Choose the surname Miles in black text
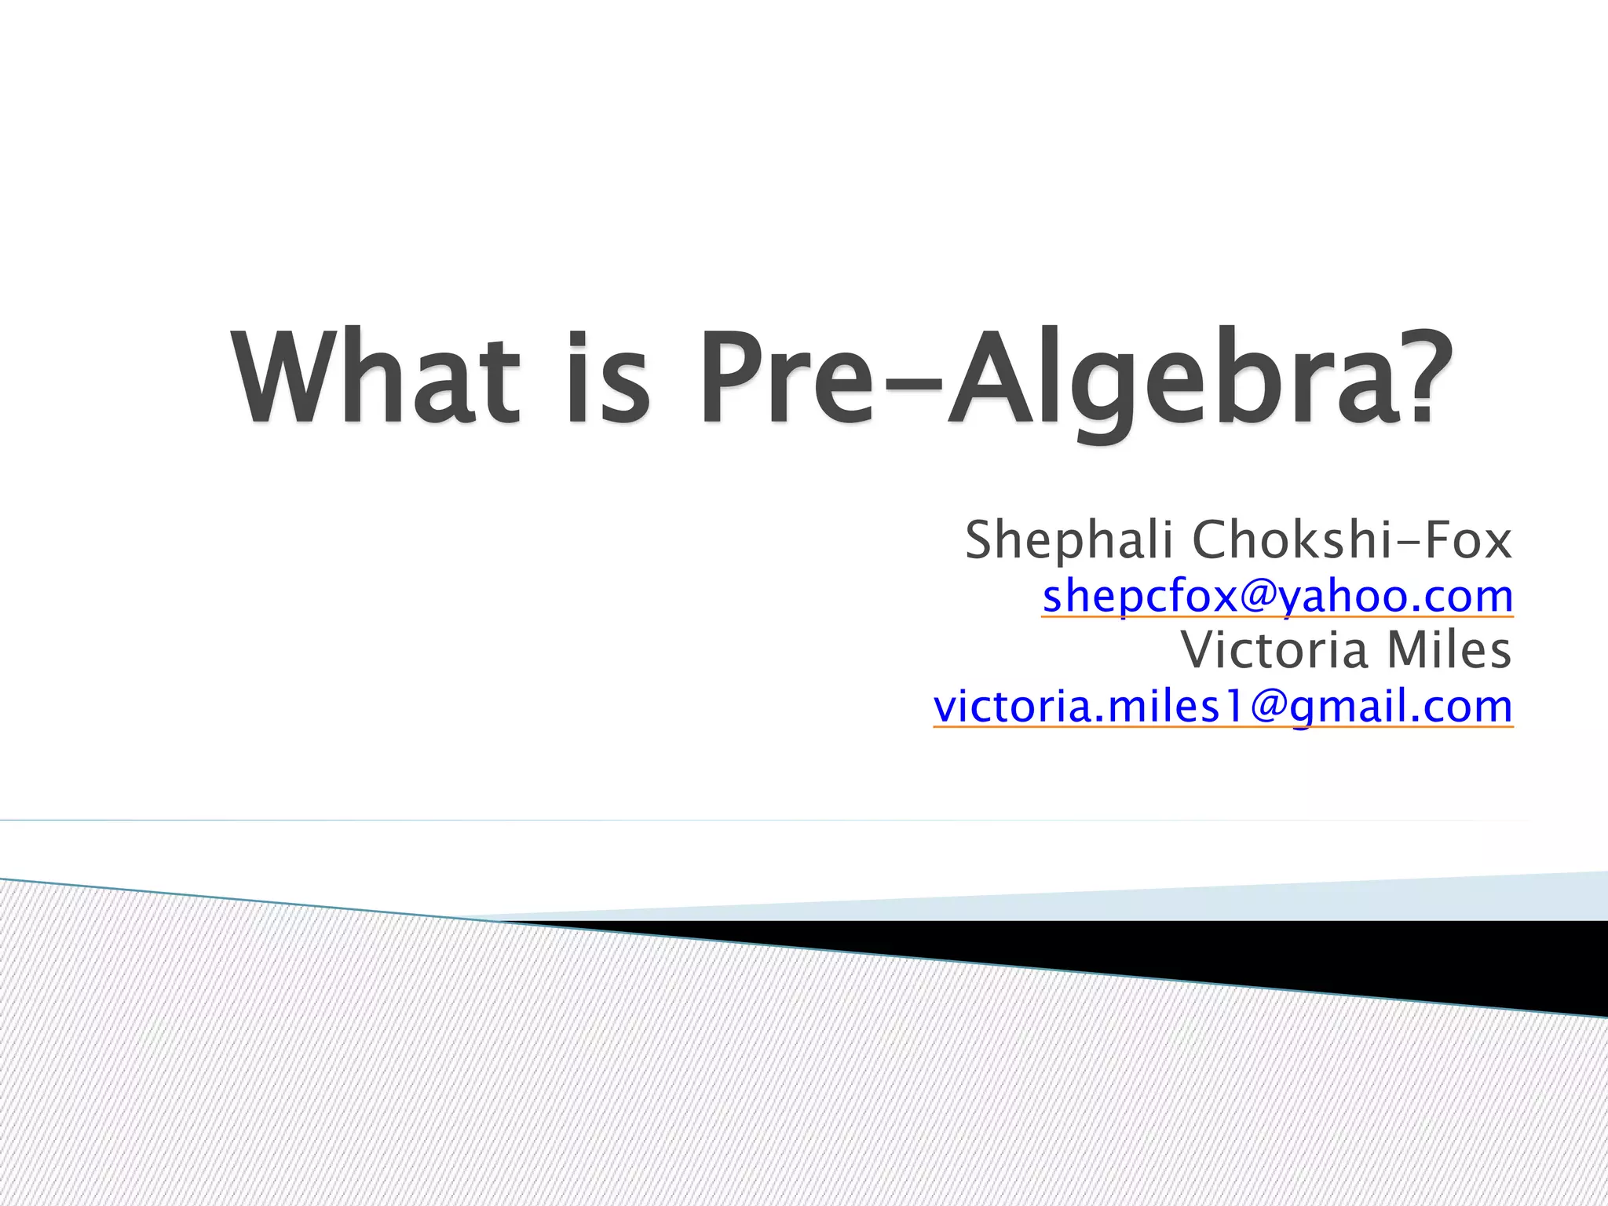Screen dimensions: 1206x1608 [1449, 650]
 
